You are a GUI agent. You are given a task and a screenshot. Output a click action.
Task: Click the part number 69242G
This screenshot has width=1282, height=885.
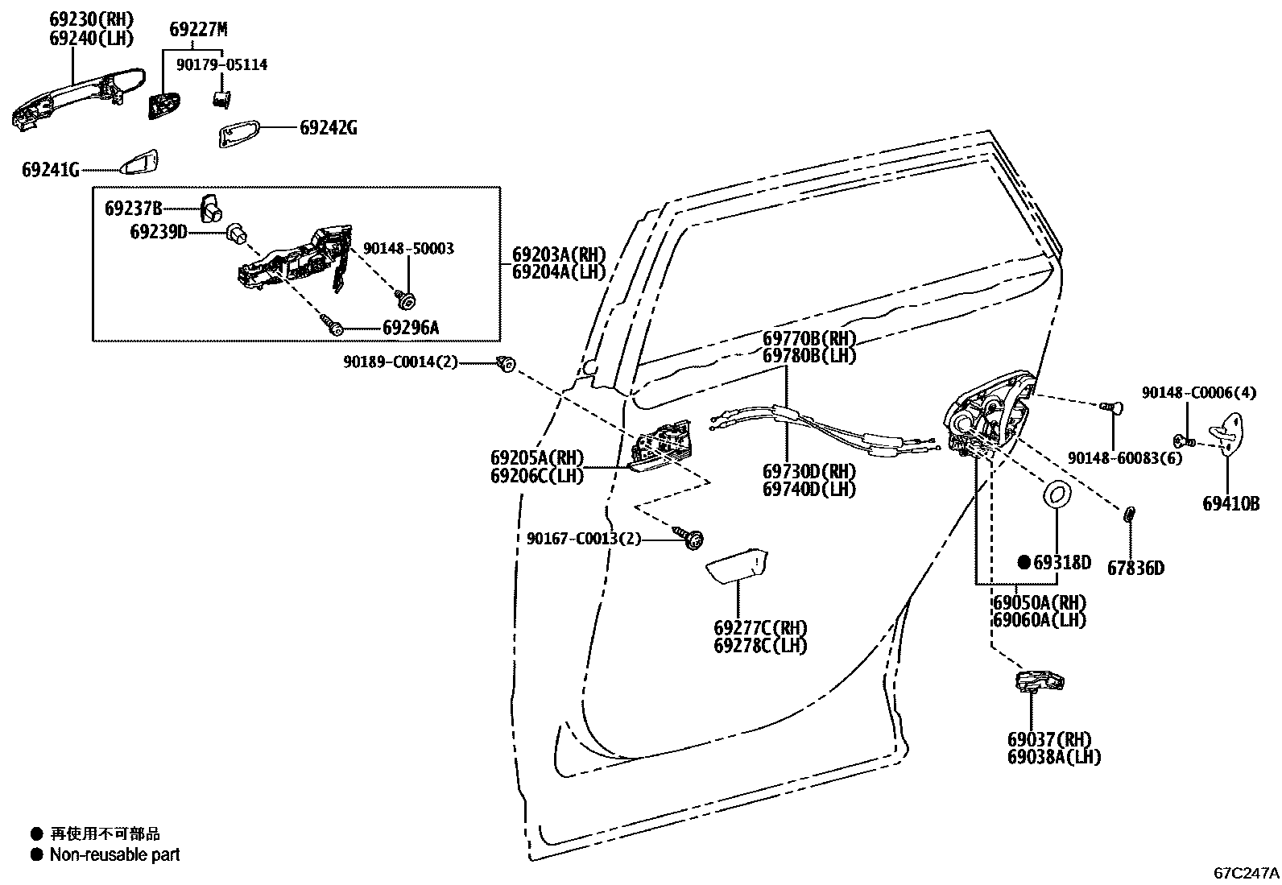point(328,127)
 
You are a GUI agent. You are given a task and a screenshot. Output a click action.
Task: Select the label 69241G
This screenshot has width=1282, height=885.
point(50,170)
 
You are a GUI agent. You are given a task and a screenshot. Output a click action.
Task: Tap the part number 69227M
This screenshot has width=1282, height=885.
point(198,30)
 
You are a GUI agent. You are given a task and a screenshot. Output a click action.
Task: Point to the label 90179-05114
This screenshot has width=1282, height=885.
point(221,64)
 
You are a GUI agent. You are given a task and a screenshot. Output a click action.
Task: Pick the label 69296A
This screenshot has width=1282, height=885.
point(411,328)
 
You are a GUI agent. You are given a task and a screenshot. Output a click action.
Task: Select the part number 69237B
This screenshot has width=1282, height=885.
point(133,209)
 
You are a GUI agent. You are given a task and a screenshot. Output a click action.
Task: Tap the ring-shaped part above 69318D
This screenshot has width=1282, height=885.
point(1056,494)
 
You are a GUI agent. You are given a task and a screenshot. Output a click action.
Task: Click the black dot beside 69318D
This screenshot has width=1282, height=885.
point(1024,561)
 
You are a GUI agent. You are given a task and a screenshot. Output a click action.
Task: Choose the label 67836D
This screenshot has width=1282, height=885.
point(1135,569)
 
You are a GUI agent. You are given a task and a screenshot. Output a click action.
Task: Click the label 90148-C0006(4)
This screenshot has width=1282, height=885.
point(1198,392)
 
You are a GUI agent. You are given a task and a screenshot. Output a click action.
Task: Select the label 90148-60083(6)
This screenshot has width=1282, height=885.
point(1124,457)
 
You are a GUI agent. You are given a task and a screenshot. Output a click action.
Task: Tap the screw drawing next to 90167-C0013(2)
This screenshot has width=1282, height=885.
point(691,537)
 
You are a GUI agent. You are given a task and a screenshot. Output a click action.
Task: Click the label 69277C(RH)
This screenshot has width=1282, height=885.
point(759,627)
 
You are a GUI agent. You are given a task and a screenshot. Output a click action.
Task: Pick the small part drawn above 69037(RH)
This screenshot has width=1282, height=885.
point(1039,682)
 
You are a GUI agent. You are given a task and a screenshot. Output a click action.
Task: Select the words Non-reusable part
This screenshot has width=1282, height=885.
point(114,855)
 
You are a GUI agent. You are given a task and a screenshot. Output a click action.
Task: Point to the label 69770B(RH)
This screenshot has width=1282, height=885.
point(809,338)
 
